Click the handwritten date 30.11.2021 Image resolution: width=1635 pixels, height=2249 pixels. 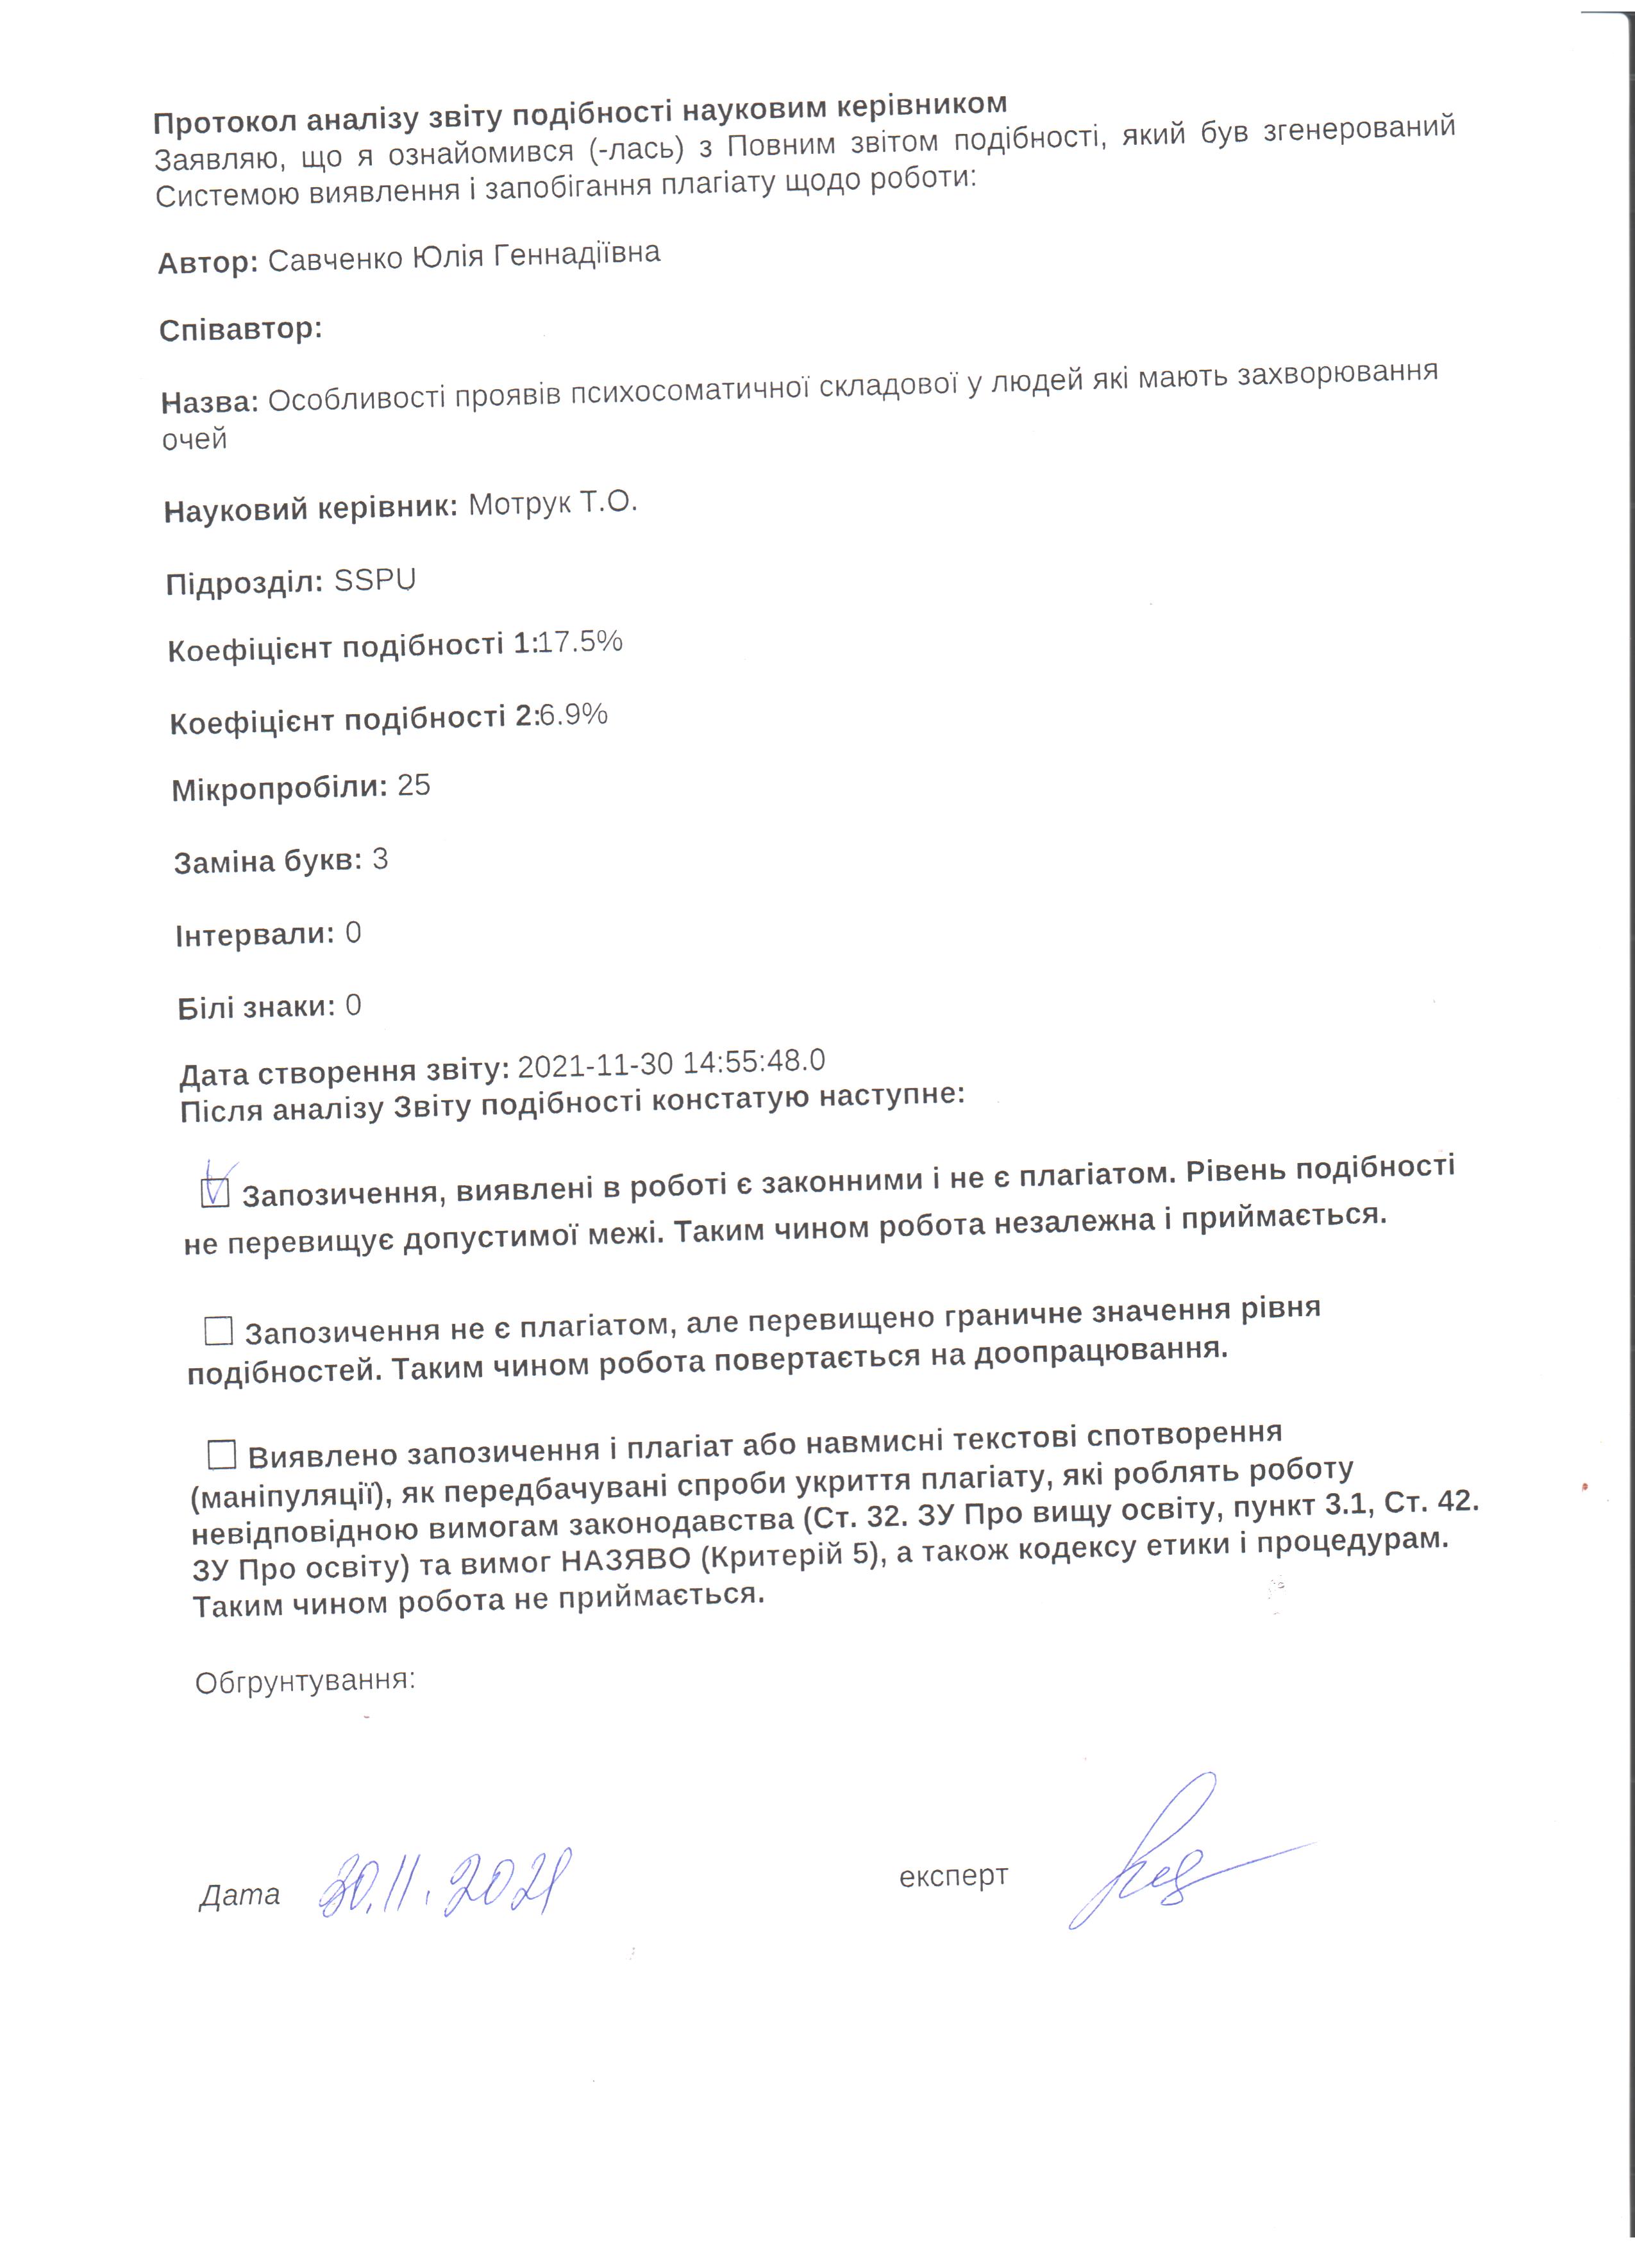[445, 1883]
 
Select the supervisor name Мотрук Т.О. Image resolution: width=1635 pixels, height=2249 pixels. [552, 504]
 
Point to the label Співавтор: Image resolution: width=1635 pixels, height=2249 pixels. [241, 330]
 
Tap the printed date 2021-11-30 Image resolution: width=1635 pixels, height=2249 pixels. [596, 1066]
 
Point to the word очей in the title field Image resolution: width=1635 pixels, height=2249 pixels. [194, 439]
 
